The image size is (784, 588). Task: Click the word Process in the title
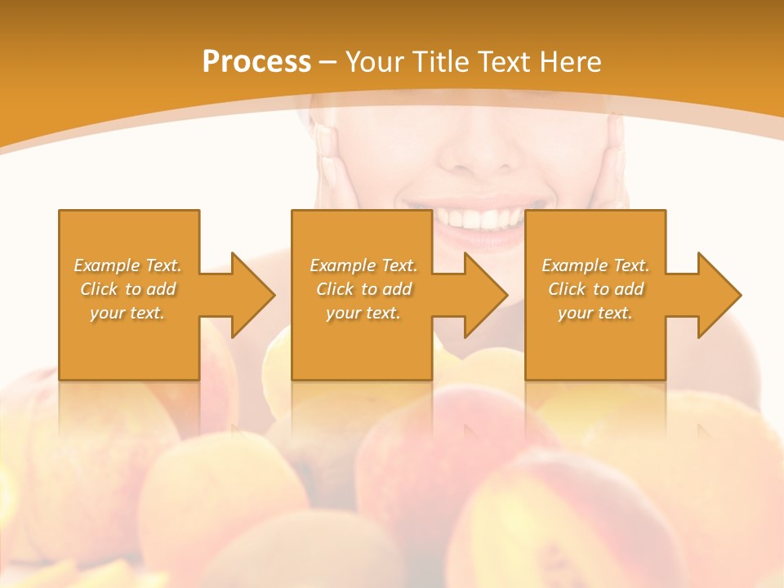[x=256, y=62]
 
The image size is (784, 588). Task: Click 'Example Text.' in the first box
[x=127, y=265]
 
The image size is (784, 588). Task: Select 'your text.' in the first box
[x=127, y=313]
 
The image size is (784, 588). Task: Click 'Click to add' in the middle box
[x=363, y=289]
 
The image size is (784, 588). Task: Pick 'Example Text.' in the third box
[x=595, y=265]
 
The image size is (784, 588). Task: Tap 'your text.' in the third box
[x=595, y=313]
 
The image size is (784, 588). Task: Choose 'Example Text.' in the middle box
[x=363, y=265]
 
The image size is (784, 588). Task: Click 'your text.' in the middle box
[x=363, y=313]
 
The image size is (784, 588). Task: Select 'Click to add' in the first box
[x=127, y=289]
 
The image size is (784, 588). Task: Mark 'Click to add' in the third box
[x=595, y=289]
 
